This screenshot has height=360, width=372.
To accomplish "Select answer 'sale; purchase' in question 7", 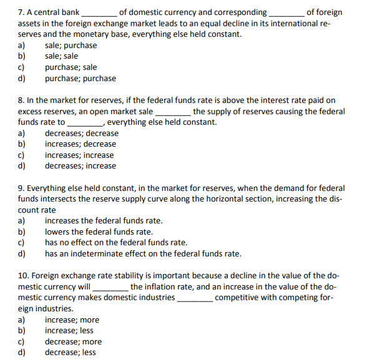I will tap(71, 46).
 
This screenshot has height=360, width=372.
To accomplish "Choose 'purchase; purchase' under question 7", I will tap(80, 78).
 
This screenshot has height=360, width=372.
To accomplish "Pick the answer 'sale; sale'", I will tap(61, 56).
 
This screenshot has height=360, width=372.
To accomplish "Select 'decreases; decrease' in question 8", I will tap(81, 134).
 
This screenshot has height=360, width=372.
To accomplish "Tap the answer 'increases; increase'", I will tap(79, 155).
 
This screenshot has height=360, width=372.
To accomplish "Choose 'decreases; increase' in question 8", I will tap(80, 166).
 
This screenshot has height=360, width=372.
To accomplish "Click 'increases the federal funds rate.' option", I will tap(104, 221).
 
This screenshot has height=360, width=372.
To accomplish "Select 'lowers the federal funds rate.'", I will tap(99, 232).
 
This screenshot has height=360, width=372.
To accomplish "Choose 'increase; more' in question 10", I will tap(72, 320).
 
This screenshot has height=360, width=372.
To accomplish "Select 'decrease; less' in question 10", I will tap(70, 353).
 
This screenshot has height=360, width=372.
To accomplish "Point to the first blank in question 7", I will tap(99, 12).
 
